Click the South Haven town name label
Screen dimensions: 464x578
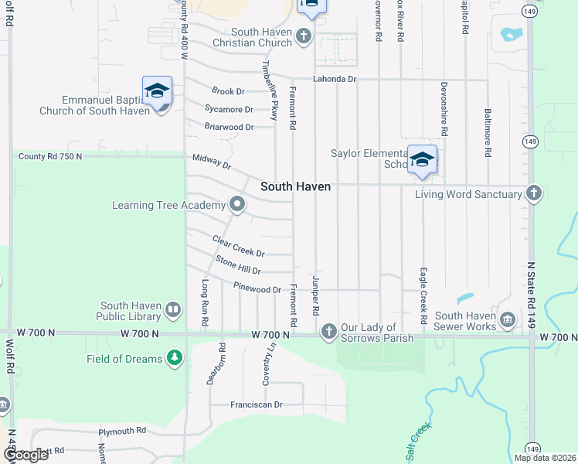point(295,186)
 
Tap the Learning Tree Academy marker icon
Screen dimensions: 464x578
point(236,205)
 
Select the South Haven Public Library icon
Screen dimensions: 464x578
point(173,311)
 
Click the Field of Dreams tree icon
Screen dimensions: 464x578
point(175,358)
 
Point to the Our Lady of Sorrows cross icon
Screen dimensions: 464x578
point(328,333)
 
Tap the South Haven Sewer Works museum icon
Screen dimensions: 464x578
point(507,319)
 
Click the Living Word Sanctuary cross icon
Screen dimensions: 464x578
point(533,194)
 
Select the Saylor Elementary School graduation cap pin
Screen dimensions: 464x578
point(423,160)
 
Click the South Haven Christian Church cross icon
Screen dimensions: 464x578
point(303,36)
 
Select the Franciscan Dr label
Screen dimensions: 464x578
point(257,404)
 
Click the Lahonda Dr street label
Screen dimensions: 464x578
point(334,79)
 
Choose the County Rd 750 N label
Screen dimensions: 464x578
point(50,156)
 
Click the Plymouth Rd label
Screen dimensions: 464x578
point(122,431)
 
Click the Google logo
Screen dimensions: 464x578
point(25,455)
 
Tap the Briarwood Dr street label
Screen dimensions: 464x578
point(229,127)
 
